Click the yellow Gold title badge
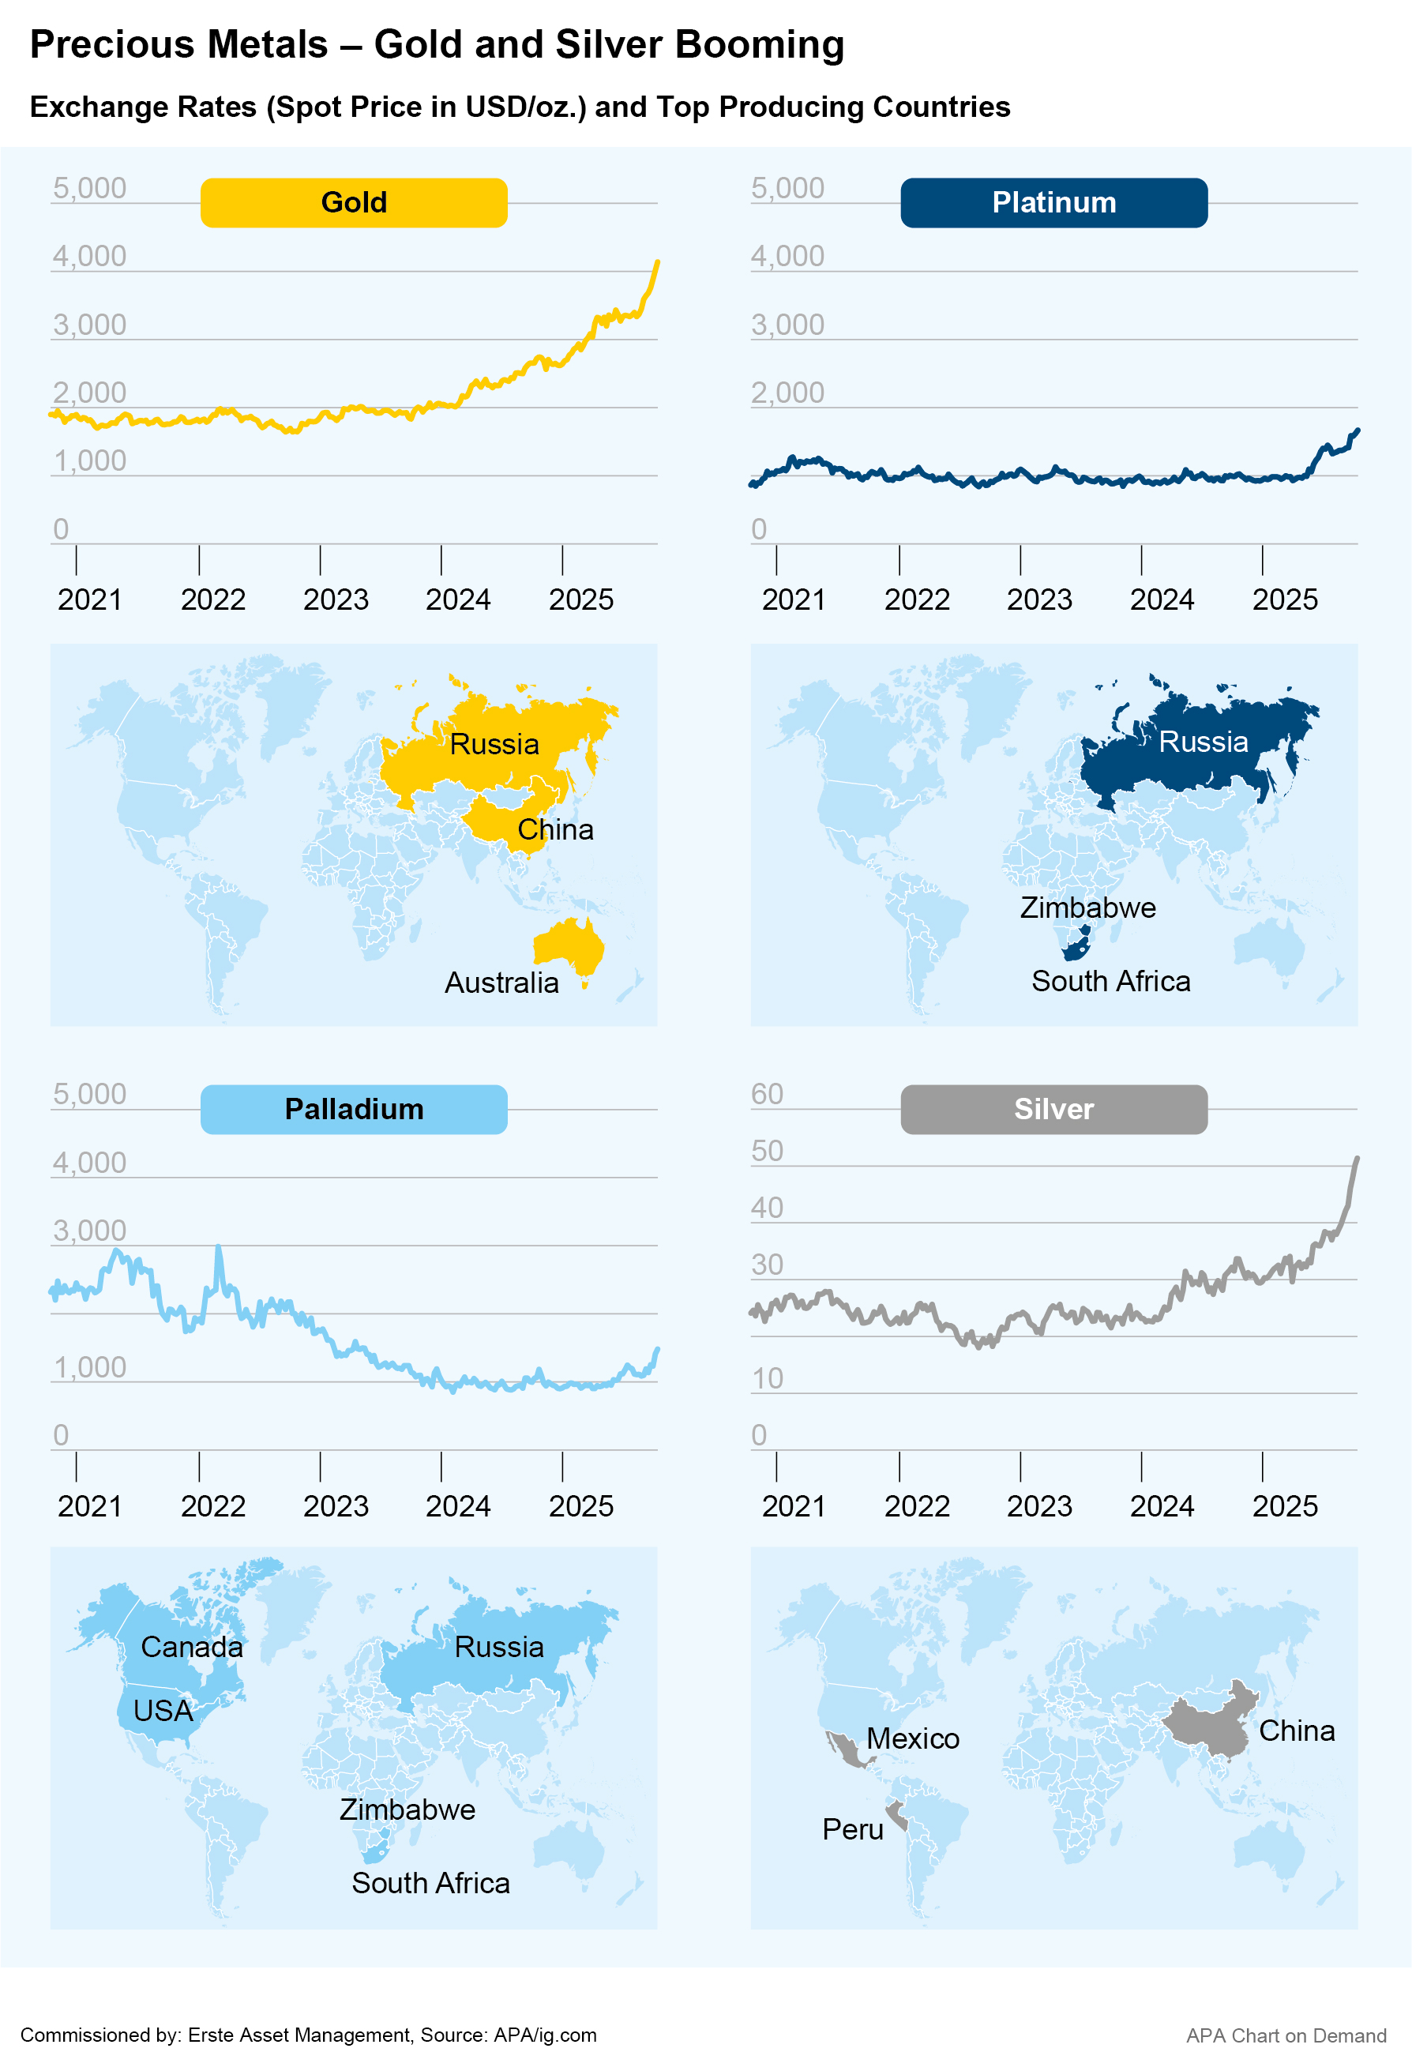coord(354,203)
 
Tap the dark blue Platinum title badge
coord(1053,203)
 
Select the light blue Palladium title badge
coord(354,1109)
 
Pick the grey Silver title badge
coord(1053,1109)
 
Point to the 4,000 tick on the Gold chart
coord(89,256)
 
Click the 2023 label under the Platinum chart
coord(1038,599)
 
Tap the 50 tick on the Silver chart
coord(767,1151)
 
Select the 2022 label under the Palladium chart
coord(212,1505)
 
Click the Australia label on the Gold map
coord(501,983)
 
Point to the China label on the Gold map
coord(555,830)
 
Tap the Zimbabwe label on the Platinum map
coord(1087,908)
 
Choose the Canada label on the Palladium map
coord(191,1647)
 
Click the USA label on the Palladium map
coord(163,1710)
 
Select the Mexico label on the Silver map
coord(912,1738)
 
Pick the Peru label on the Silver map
coord(852,1829)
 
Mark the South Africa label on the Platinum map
coord(1110,981)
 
